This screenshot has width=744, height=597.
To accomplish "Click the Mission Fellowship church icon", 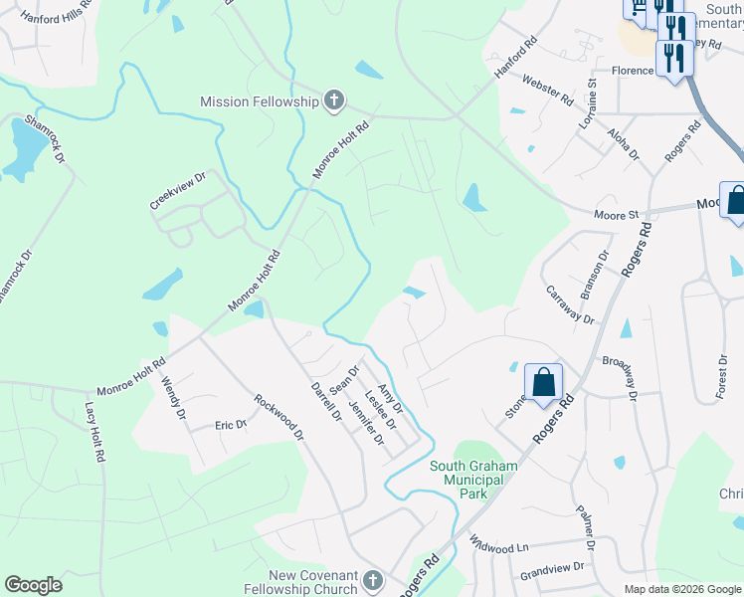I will coord(334,100).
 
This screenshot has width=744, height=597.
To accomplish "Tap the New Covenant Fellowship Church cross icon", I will coord(372,580).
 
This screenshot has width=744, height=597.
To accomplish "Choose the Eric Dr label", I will coord(231,425).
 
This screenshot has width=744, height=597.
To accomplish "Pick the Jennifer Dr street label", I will coord(366,422).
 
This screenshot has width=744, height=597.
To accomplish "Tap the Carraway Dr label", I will coord(570,306).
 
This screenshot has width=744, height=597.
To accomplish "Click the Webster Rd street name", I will coord(547,93).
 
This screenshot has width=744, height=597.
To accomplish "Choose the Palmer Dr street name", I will coord(584,528).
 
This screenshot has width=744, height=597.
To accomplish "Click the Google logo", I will coord(33,585).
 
